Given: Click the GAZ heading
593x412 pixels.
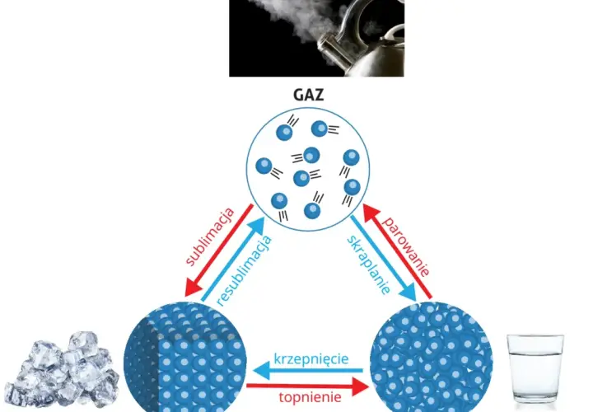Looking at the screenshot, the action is point(309,95).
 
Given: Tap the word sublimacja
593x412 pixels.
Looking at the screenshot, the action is point(210,236).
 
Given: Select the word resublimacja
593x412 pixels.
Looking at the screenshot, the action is point(245,270).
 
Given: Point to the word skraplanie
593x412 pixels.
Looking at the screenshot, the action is point(369,265).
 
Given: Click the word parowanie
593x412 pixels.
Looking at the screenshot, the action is point(406,246).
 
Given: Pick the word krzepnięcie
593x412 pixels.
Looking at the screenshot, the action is point(311,358).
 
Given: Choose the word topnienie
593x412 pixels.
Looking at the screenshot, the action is point(311,397).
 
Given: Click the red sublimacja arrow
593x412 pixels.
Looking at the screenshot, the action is point(218,250).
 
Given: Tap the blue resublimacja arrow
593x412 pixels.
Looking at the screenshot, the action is point(233,260).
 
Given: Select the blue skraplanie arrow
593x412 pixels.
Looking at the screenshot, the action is point(383,259).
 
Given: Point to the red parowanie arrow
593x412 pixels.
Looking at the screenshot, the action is point(397,250).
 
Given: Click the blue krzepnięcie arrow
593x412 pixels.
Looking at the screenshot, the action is point(307,370).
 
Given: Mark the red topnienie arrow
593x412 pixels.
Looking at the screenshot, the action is point(307,386).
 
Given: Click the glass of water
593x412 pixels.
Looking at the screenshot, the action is point(535,368).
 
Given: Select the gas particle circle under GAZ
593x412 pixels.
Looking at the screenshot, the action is point(308,169).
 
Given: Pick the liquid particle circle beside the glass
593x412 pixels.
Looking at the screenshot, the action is point(431,358).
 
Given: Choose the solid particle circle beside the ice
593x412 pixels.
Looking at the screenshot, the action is point(185,358).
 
